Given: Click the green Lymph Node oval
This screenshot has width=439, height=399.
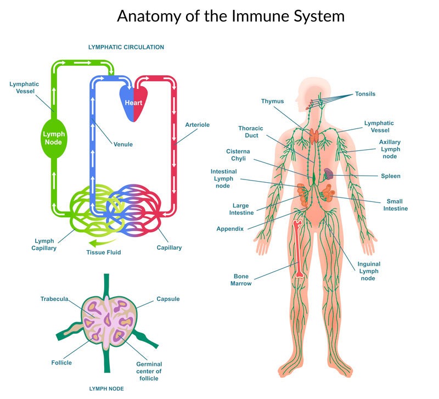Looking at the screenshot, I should click(54, 137).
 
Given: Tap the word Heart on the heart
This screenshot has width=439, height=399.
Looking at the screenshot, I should click(133, 103).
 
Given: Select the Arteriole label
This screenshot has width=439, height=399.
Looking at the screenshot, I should click(198, 125).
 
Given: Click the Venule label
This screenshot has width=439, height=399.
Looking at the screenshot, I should click(123, 144).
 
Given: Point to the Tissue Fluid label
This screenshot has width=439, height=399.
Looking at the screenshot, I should click(103, 252).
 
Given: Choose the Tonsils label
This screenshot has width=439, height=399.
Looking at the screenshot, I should click(365, 94).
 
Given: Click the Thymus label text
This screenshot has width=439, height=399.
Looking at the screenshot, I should click(272, 101).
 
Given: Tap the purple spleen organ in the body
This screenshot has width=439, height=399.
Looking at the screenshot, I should click(328, 175).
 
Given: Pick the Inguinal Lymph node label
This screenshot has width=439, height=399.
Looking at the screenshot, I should click(369, 271).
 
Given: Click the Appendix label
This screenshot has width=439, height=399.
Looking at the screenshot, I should click(230, 229).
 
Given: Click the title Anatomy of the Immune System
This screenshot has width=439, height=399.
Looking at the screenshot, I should click(230, 16).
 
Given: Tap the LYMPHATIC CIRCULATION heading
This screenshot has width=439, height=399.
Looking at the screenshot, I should click(126, 47).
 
